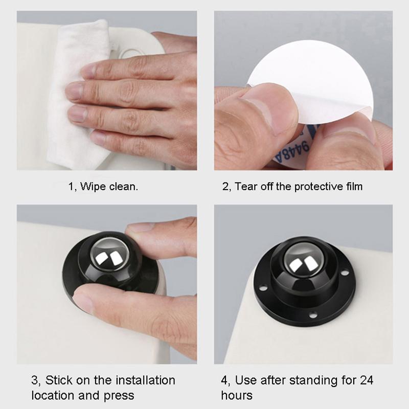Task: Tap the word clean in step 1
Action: (x=123, y=187)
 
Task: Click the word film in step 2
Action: (x=353, y=187)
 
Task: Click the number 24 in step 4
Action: (x=366, y=380)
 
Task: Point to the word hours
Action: (x=237, y=396)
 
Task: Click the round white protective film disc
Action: (x=327, y=77)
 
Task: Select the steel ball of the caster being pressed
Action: (x=109, y=256)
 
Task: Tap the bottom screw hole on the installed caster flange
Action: (x=313, y=313)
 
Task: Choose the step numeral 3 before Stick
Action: (x=35, y=380)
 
